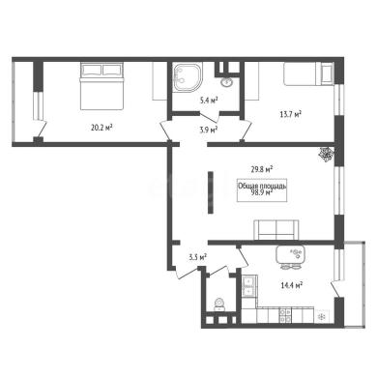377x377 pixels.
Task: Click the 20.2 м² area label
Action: (x=101, y=128)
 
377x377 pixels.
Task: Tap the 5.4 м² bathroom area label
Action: (x=209, y=101)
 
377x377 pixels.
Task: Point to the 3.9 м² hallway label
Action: (x=208, y=130)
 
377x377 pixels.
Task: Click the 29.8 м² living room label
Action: (x=262, y=169)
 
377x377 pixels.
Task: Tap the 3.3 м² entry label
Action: (x=198, y=257)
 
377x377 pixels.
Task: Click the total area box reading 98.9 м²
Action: (x=262, y=190)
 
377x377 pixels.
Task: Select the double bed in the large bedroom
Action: (x=102, y=86)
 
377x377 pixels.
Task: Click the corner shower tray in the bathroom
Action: (x=187, y=78)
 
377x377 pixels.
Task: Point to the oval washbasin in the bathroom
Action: (x=226, y=81)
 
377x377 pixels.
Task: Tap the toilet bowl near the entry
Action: (x=219, y=304)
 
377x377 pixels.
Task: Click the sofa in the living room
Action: (x=276, y=230)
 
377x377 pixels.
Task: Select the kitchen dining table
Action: (x=290, y=255)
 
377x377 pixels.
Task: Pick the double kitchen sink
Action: (x=249, y=287)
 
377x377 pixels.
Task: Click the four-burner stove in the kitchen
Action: (x=285, y=315)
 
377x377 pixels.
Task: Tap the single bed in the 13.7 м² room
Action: (x=308, y=74)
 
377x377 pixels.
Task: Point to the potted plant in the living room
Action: (x=326, y=154)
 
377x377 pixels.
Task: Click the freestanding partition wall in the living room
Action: (x=211, y=192)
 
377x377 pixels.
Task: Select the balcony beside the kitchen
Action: (x=355, y=284)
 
